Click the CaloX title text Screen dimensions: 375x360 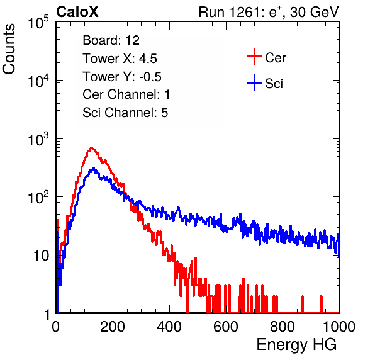[77, 12]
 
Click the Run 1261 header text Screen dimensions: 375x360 [269, 12]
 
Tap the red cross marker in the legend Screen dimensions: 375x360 [254, 57]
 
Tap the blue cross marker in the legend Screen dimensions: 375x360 [254, 82]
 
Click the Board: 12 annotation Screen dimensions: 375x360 [111, 40]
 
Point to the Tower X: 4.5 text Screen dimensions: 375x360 [120, 59]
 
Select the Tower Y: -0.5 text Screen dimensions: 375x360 [122, 77]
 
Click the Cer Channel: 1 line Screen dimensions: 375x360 [126, 94]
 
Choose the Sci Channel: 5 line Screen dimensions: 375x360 [125, 113]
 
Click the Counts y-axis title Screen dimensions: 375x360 [9, 49]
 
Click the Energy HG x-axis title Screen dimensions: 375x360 [296, 345]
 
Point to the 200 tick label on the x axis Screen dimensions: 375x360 [113, 327]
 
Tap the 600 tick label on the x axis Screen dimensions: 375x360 [226, 327]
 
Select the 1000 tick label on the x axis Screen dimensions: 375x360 [339, 327]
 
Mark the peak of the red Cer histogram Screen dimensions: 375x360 [92, 148]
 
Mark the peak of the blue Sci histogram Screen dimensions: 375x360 [93, 168]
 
